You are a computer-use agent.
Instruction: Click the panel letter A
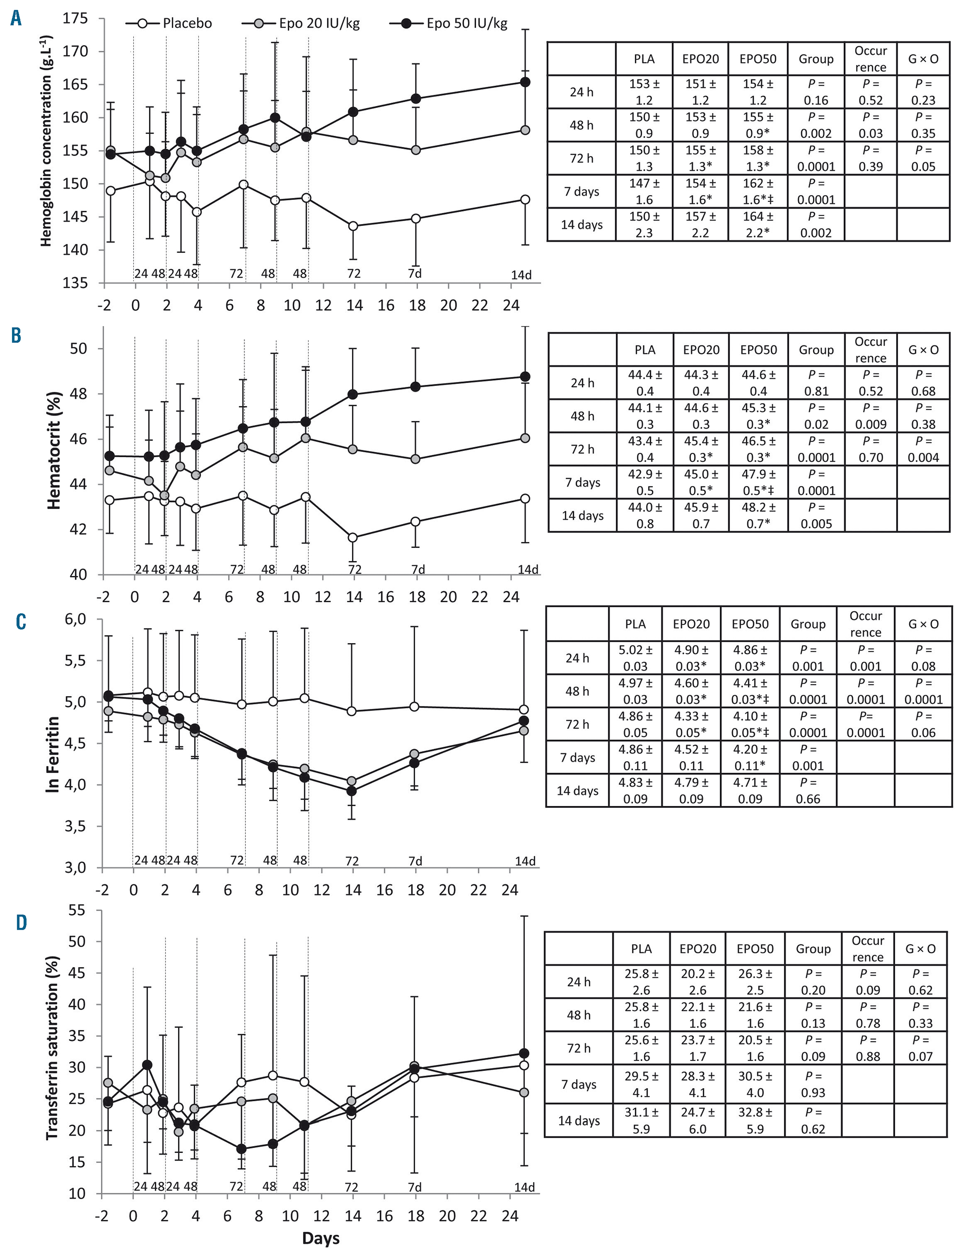point(16,19)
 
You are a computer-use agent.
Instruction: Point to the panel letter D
point(21,923)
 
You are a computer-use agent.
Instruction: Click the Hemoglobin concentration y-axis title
point(46,141)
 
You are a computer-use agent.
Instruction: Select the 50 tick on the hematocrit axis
point(78,349)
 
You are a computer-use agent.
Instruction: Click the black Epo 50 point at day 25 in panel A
point(524,82)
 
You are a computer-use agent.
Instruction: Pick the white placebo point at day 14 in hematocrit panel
point(353,537)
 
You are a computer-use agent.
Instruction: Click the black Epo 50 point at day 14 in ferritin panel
point(352,791)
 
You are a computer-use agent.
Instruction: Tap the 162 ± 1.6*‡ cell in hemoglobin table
point(758,192)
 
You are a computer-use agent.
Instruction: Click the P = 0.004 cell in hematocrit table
point(923,449)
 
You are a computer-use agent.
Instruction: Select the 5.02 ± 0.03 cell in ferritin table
point(635,658)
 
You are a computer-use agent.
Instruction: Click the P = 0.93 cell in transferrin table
point(812,1084)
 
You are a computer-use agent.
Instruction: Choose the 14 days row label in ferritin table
point(577,791)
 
